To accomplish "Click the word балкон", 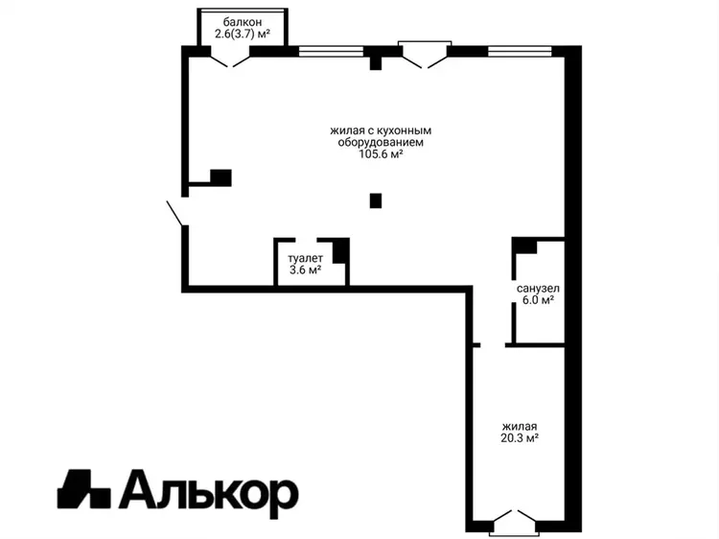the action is pos(243,21).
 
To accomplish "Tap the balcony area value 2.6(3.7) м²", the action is pos(243,34).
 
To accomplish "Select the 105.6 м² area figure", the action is pos(381,154).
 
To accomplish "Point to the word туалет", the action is pos(305,258).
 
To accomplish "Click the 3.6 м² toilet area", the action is pos(305,269).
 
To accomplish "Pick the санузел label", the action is pos(538,289).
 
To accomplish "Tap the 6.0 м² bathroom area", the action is pos(538,300).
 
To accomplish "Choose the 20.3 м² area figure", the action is pos(520,438).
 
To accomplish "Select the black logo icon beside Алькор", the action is pos(84,489).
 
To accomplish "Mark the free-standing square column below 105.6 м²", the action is pos(376,200).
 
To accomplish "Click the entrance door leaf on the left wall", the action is pos(176,213).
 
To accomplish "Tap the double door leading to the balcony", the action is pos(230,60).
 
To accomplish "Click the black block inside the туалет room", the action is pos(340,251).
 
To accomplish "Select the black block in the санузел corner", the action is pos(524,246).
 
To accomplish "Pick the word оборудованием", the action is pos(381,142).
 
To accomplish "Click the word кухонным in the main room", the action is pos(406,130).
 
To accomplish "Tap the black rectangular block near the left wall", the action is pos(220,177).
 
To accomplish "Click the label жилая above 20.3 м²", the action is pos(520,427).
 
